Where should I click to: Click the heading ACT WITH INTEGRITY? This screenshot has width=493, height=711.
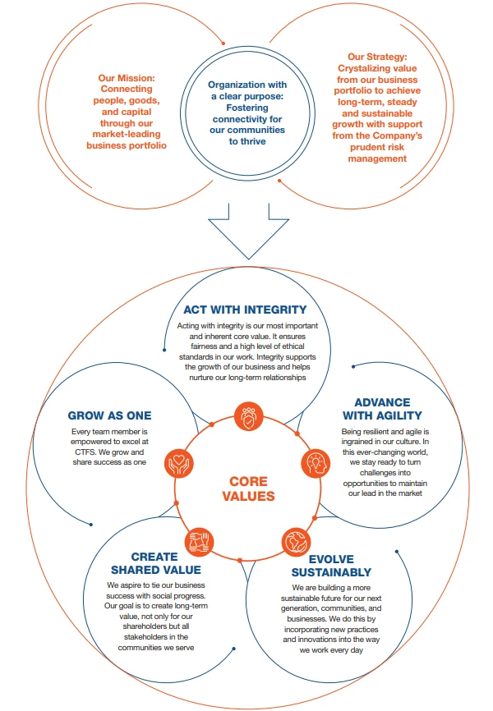coord(245,310)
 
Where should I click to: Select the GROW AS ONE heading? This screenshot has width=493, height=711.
coord(110,415)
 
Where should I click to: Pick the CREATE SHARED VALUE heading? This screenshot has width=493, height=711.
coord(154,563)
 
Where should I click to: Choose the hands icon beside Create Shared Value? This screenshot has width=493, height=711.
coord(200,540)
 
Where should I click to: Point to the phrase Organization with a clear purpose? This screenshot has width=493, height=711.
coord(246,90)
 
